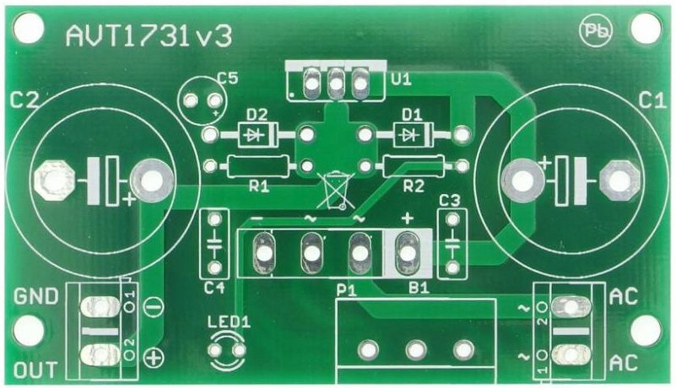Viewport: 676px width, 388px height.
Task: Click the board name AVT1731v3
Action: [149, 35]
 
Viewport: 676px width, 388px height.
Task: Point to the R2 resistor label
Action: [414, 186]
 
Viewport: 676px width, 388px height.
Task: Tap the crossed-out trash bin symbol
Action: [336, 189]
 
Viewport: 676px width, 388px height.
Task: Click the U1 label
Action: [402, 80]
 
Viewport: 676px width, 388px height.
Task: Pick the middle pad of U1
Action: [336, 82]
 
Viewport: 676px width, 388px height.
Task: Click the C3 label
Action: [450, 201]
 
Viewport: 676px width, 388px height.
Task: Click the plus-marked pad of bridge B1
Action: [408, 251]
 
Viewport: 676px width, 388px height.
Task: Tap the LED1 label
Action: [229, 321]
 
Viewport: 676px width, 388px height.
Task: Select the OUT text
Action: [35, 369]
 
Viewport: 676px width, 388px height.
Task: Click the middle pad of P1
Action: [414, 348]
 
